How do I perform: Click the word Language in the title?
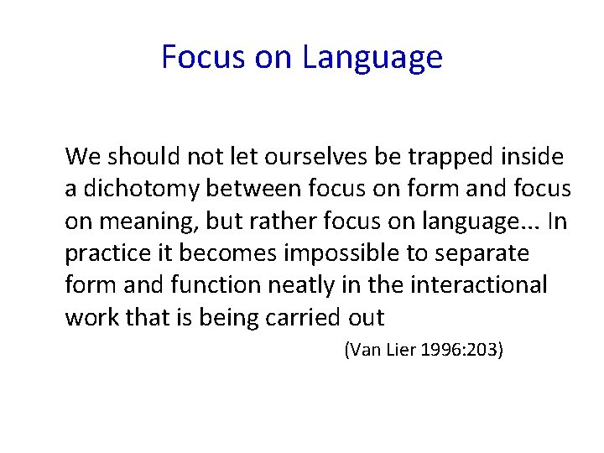[x=372, y=57]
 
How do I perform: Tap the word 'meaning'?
[x=143, y=221]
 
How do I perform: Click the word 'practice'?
[x=105, y=253]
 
